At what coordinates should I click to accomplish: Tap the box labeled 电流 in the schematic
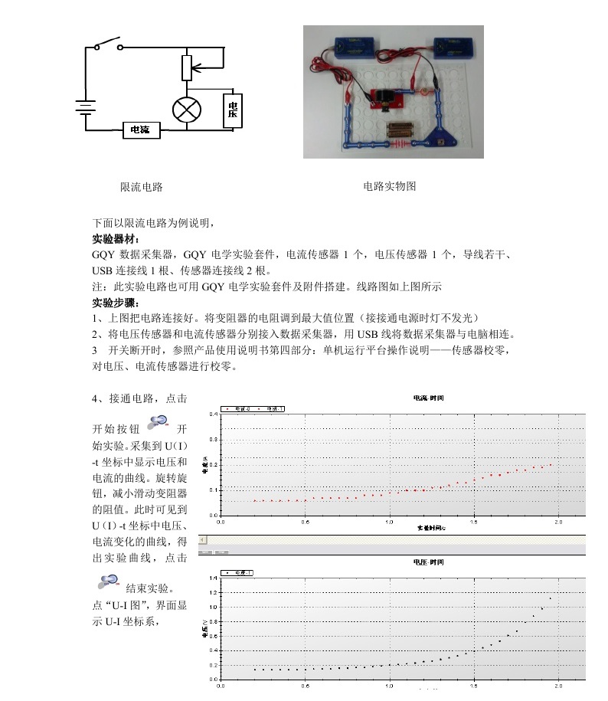point(142,130)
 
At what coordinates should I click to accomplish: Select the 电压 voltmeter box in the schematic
point(232,110)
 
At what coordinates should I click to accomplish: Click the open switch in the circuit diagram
point(109,44)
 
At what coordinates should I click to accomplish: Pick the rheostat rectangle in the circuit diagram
point(186,67)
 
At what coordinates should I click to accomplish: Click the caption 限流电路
point(142,187)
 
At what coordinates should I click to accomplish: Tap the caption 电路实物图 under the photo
point(390,186)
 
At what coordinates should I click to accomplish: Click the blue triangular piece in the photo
point(440,140)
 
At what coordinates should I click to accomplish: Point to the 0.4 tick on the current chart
point(214,414)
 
